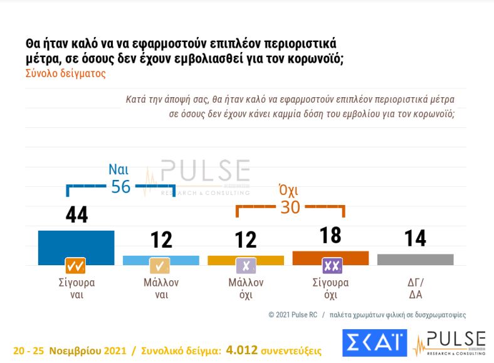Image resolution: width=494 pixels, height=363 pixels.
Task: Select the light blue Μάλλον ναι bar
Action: point(161,259)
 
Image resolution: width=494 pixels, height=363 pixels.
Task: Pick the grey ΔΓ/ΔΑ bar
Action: point(415,259)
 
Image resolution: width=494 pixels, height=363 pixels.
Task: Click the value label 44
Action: point(76,215)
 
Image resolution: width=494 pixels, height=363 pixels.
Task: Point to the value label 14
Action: point(415,238)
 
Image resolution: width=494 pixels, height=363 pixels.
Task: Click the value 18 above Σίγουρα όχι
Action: point(330,235)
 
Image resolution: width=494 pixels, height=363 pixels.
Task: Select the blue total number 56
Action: point(120,186)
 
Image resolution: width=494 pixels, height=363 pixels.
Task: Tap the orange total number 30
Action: point(290,207)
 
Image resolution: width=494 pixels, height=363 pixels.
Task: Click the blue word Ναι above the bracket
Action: point(119,169)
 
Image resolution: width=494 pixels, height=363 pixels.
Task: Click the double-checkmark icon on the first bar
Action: point(76,266)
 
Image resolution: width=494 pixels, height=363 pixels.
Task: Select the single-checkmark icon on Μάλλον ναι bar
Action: point(160,266)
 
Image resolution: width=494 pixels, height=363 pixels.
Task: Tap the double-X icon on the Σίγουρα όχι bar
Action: point(331,266)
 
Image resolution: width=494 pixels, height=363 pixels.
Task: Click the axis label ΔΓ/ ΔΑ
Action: point(415,289)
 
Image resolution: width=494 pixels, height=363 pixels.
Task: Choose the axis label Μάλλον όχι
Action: point(246,289)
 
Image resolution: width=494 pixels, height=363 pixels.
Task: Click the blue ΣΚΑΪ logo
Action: point(374,342)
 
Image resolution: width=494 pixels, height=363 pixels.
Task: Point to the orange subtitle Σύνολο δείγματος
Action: point(65,73)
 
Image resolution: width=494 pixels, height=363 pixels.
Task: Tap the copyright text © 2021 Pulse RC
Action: point(295,315)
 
